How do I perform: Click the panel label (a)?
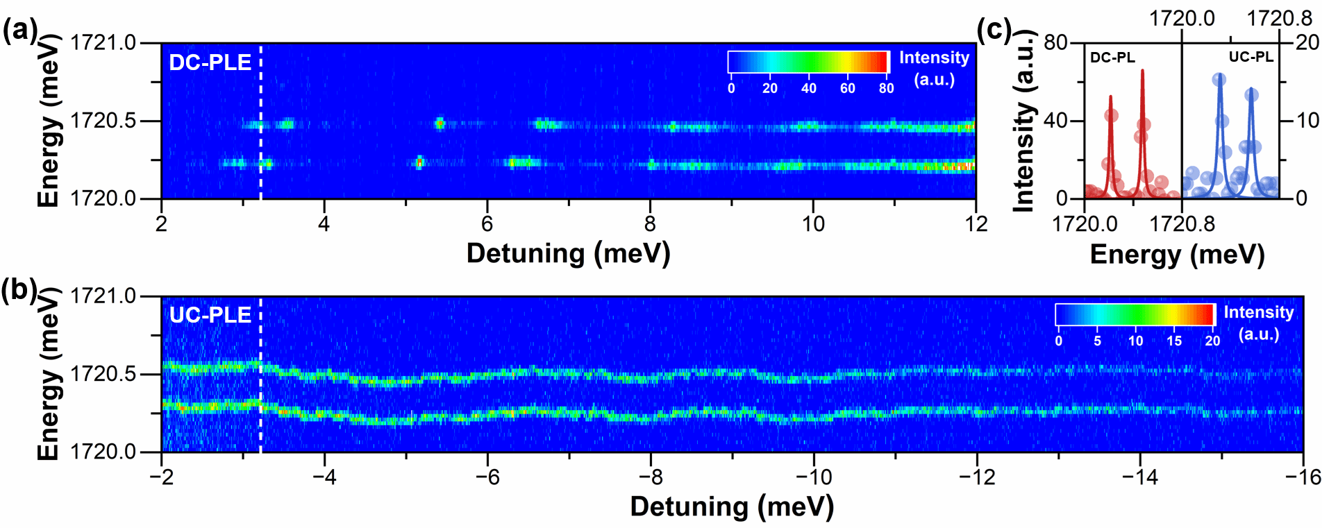(19, 31)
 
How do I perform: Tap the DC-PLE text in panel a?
(210, 62)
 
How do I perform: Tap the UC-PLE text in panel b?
(210, 315)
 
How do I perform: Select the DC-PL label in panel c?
(1112, 58)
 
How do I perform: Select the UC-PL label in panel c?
(1251, 57)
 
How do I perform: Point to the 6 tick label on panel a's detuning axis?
(487, 223)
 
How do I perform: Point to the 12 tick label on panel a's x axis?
(976, 223)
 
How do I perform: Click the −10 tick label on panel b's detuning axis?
(813, 477)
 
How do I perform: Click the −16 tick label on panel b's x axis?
(1302, 477)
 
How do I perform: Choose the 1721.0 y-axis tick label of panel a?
(103, 43)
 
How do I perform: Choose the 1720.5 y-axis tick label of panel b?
(103, 374)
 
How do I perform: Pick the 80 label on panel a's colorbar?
(886, 88)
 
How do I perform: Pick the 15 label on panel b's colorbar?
(1174, 341)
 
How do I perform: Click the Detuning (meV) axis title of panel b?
(732, 506)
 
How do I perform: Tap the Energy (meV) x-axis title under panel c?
(1177, 255)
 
